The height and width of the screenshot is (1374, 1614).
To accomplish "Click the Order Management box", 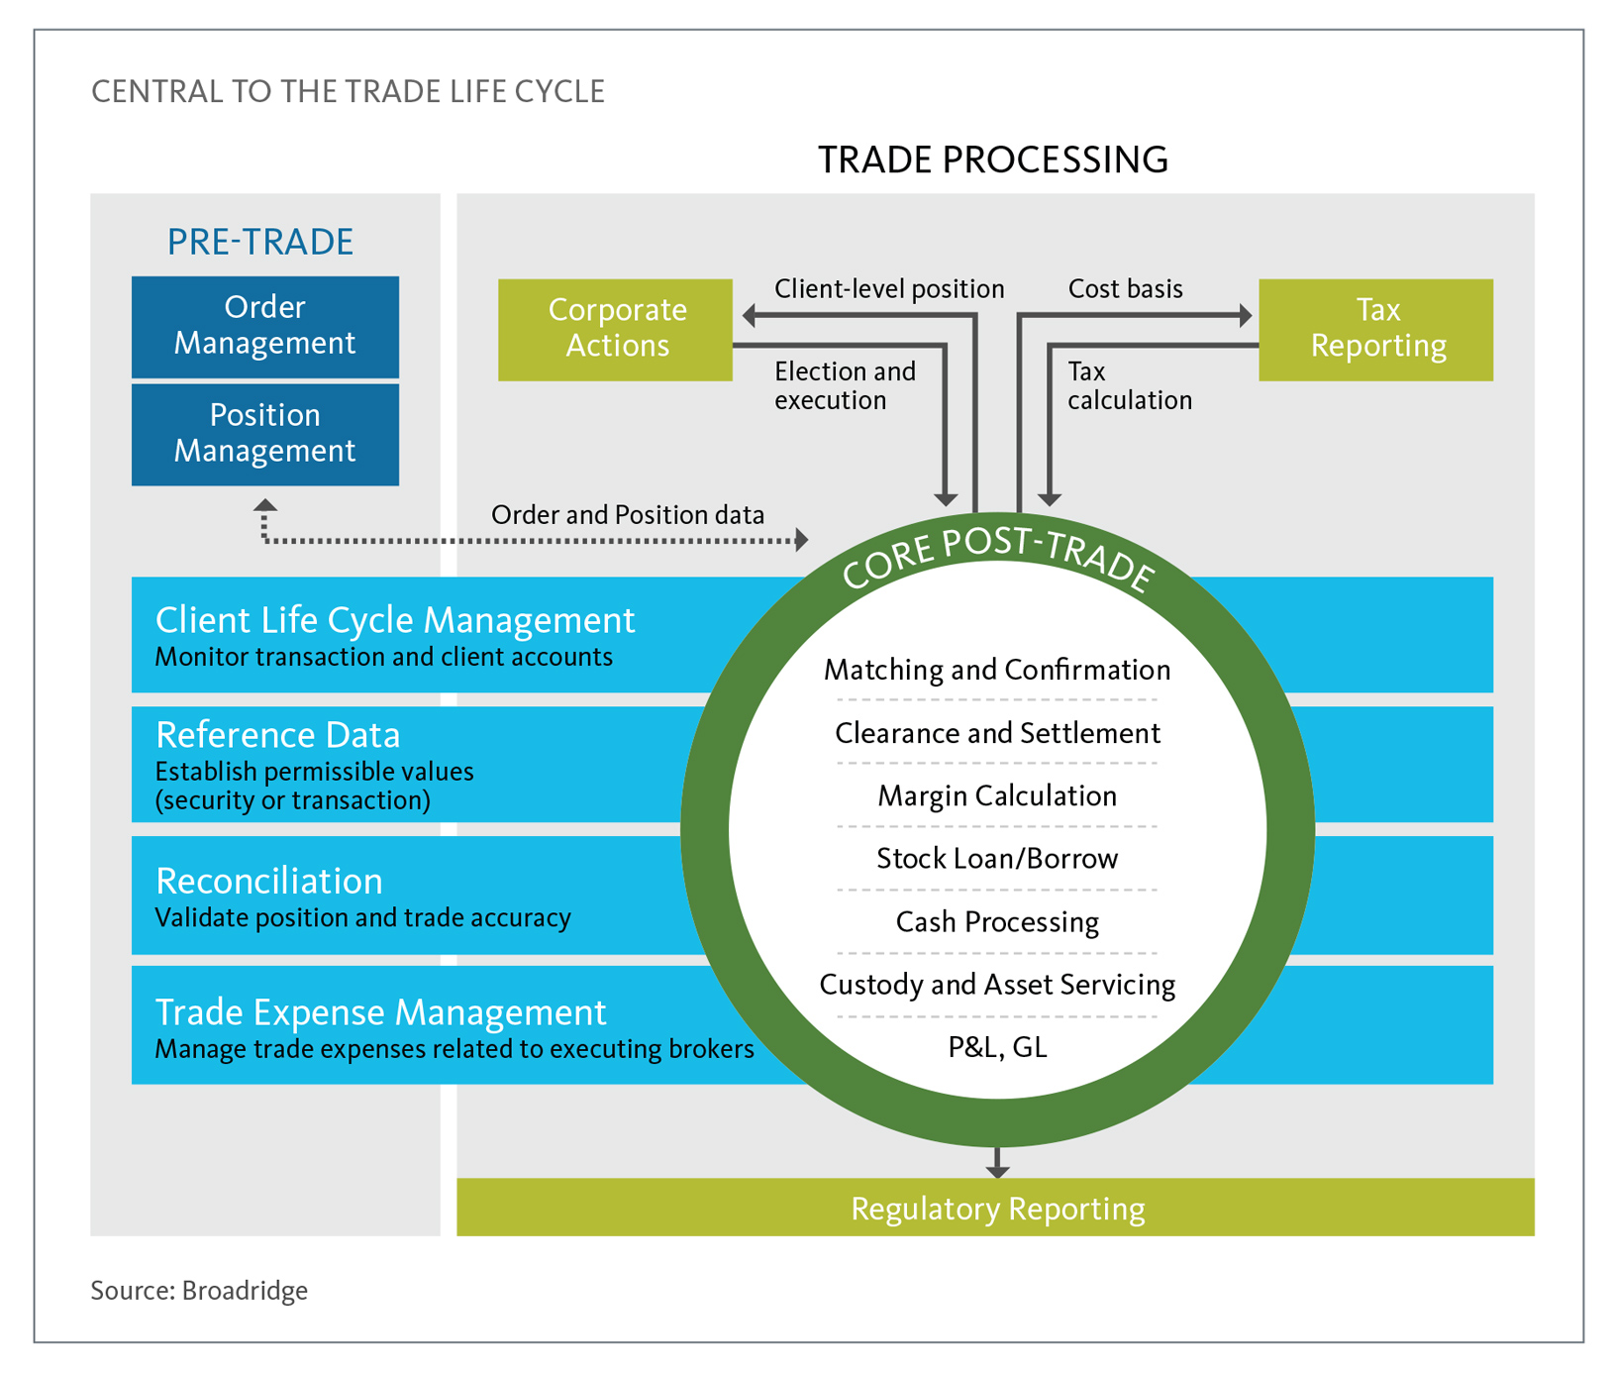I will click(264, 326).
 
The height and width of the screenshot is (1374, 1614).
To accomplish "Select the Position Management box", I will click(264, 434).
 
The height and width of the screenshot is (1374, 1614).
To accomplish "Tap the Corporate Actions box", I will click(615, 329).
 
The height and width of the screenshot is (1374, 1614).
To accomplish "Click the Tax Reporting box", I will click(1375, 329).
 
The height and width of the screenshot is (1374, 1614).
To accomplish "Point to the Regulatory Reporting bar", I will click(995, 1209).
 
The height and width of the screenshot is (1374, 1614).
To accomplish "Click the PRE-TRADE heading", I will click(259, 242).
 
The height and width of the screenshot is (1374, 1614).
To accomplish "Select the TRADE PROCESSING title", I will click(992, 159).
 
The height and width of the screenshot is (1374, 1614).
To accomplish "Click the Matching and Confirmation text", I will click(996, 671).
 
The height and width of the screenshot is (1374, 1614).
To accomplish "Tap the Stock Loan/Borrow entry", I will click(996, 859).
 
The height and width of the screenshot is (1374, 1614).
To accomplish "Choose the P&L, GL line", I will click(996, 1047).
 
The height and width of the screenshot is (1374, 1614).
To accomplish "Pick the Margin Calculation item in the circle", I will click(996, 796).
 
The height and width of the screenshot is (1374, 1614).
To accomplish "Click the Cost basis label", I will click(1125, 289).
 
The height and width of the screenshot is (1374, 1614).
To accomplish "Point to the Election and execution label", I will click(844, 385).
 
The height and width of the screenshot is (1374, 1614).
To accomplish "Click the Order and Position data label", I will click(628, 515).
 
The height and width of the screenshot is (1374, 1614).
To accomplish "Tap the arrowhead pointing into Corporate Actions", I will click(750, 316).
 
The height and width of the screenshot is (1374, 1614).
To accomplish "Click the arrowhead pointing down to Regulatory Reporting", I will click(997, 1171).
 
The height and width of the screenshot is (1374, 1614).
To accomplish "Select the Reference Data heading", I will click(278, 735).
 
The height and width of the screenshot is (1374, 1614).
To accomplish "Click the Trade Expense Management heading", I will click(380, 1012).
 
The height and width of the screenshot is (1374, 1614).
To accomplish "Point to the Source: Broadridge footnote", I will click(199, 1291).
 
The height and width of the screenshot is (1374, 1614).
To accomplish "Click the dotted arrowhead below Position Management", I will click(264, 506).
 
